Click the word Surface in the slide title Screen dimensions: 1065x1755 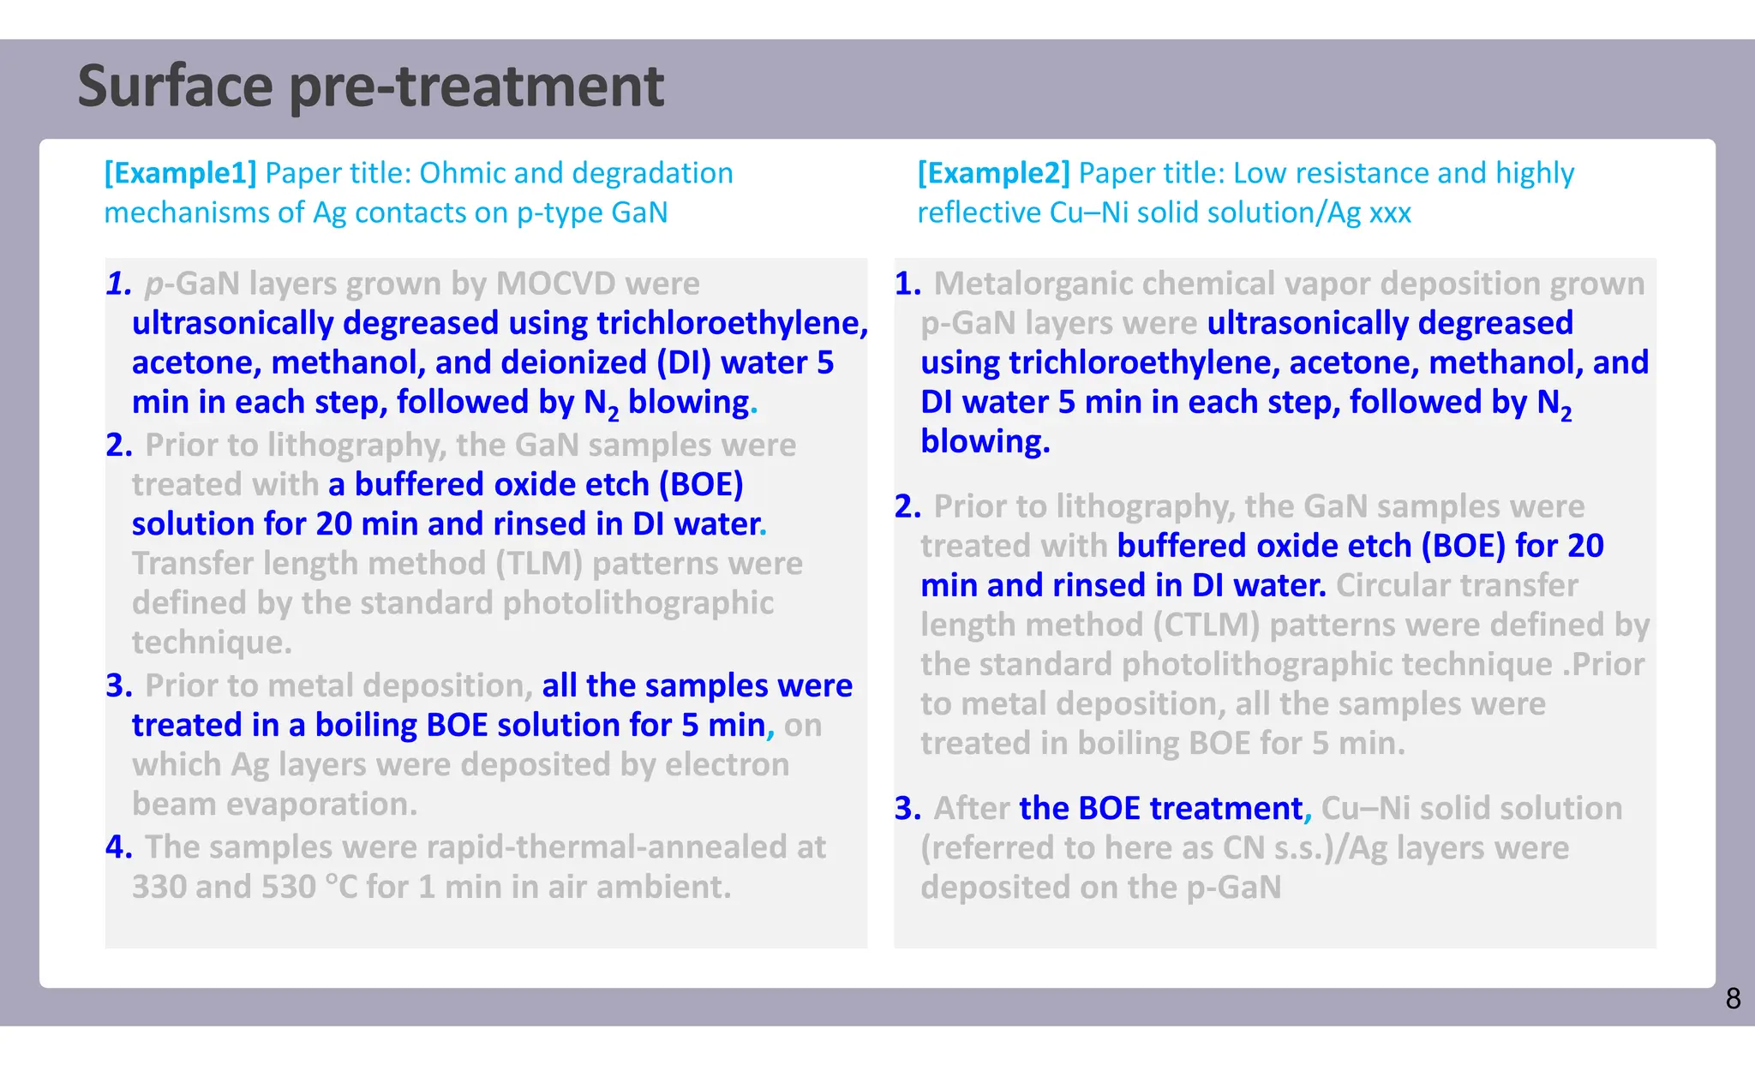point(175,87)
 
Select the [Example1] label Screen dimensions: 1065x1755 point(180,173)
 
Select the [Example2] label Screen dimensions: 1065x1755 point(993,173)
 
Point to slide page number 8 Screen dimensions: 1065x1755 point(1733,999)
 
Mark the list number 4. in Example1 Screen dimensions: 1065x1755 point(119,847)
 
